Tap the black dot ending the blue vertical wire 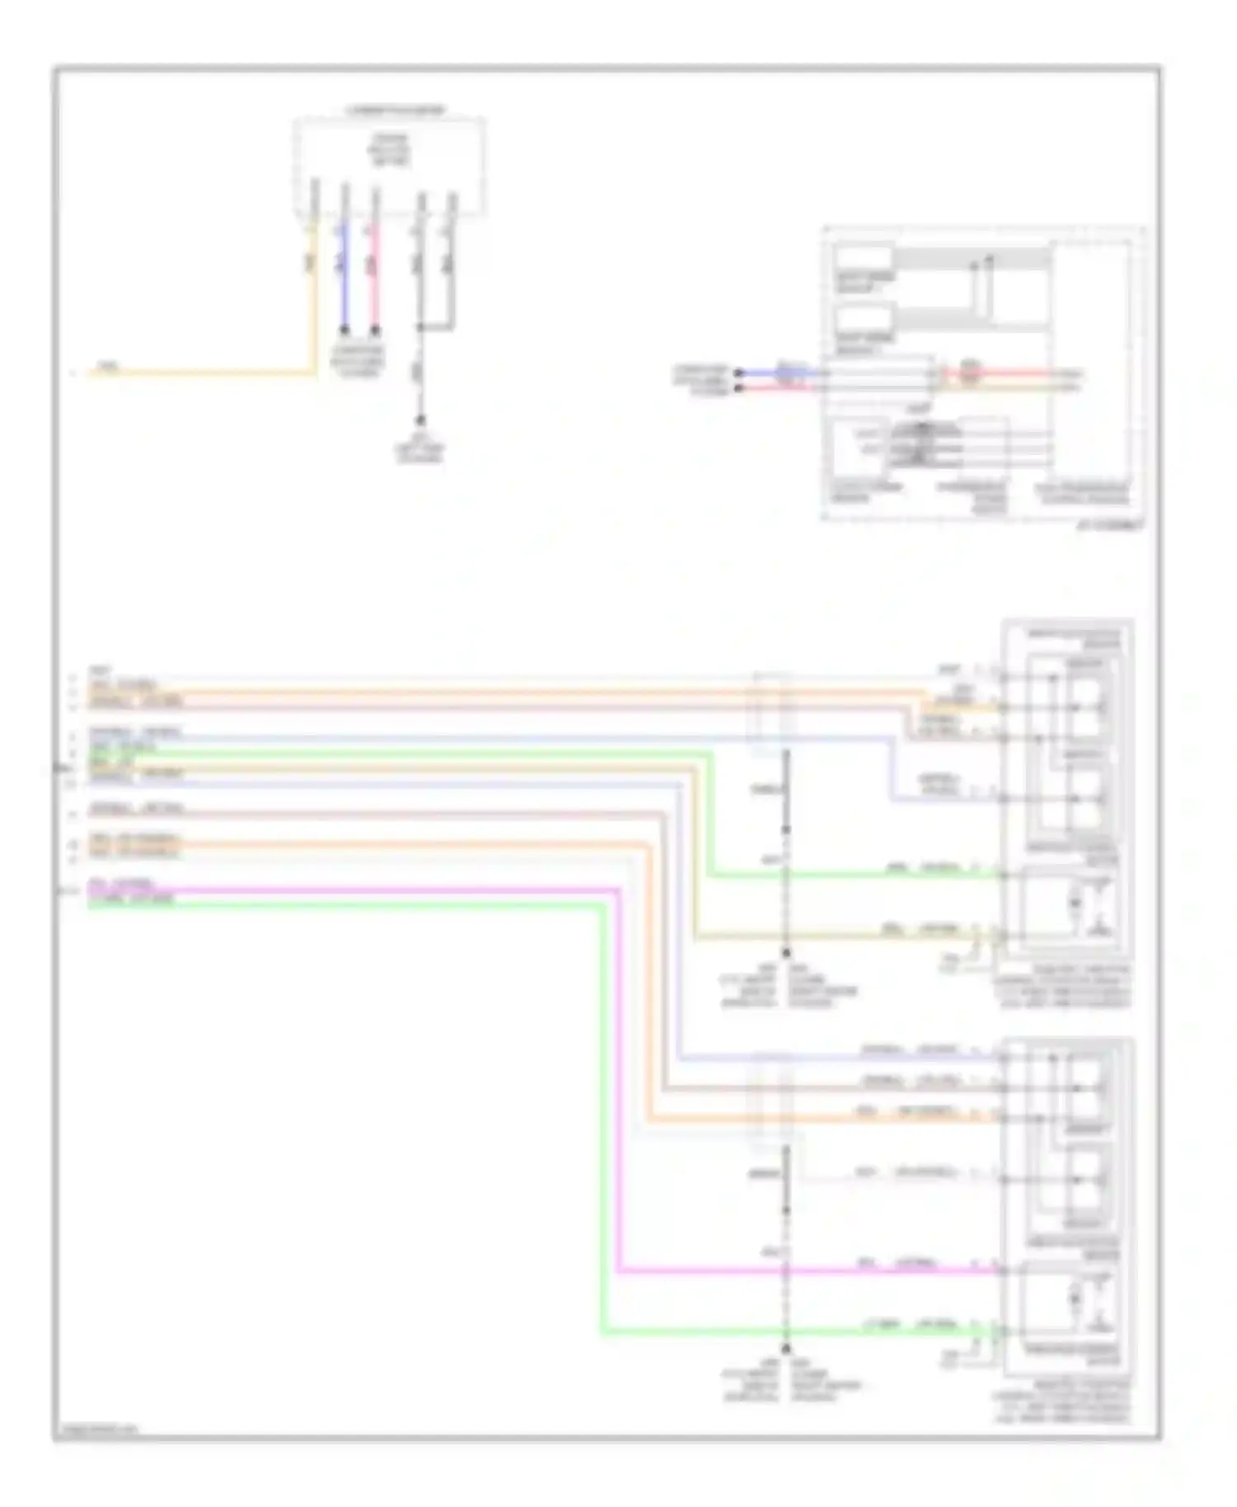[345, 330]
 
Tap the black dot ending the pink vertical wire [375, 330]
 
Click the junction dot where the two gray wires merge [421, 328]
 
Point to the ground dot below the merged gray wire [421, 420]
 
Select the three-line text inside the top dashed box [390, 151]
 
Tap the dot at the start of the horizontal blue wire [738, 373]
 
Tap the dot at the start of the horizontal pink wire [738, 387]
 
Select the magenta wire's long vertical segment [618, 1080]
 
